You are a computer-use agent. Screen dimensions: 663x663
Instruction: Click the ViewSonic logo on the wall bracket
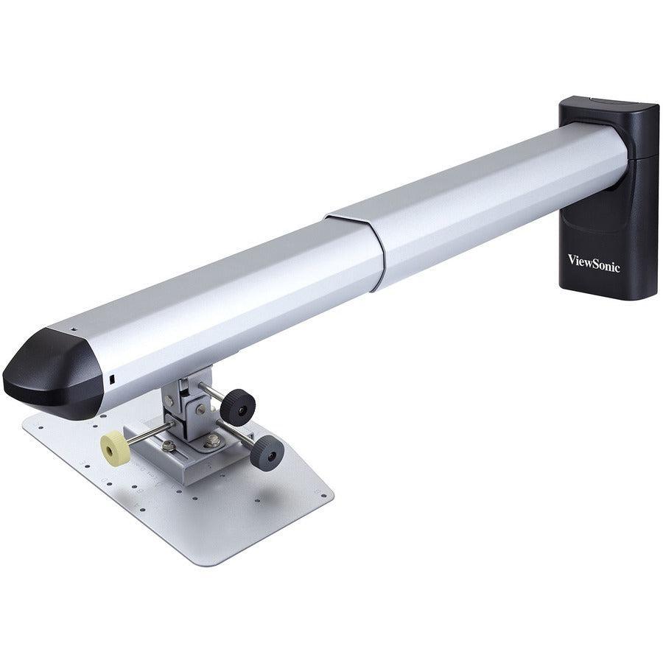[593, 262]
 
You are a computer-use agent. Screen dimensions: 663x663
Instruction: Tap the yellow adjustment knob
[115, 448]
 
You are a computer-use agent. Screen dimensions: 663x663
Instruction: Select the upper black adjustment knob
[238, 407]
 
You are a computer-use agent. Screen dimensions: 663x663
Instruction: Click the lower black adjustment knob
[267, 452]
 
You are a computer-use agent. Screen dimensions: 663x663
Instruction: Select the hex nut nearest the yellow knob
[169, 446]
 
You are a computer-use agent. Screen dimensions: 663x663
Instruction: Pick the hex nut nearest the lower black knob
[214, 441]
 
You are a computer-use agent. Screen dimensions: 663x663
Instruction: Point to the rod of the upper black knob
[212, 393]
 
